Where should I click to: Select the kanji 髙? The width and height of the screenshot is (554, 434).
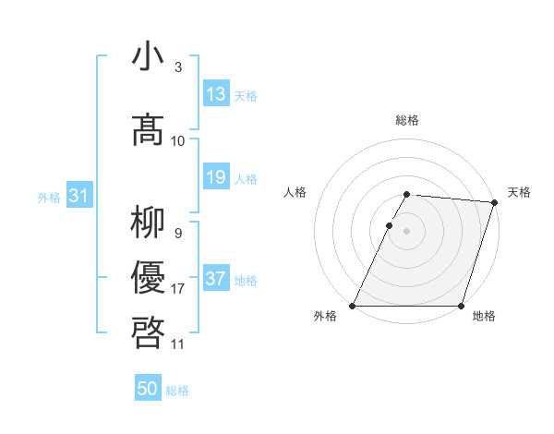(150, 129)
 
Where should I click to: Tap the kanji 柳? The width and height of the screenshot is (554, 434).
(150, 223)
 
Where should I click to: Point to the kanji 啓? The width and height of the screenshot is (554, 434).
(150, 332)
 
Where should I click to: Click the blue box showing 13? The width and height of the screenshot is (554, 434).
(215, 94)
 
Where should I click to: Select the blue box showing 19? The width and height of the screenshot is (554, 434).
(215, 177)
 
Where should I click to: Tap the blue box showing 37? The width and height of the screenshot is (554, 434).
(215, 279)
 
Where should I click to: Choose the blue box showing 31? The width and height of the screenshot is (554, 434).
(78, 196)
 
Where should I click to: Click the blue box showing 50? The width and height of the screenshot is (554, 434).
(148, 390)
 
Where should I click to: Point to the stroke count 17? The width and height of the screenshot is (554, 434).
(177, 289)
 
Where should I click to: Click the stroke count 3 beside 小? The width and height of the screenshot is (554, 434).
(177, 67)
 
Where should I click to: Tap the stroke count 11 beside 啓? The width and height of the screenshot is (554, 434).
(177, 344)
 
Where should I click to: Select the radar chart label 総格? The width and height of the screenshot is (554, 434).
(407, 120)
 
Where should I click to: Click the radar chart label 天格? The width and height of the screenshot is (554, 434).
(519, 192)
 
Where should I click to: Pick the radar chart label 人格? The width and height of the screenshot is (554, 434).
(295, 192)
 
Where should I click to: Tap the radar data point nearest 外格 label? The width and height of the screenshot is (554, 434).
(353, 306)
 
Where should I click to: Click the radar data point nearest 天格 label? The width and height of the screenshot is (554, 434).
(495, 202)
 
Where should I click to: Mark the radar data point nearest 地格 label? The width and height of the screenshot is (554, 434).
(461, 306)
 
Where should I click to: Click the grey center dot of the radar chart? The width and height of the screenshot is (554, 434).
(407, 232)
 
